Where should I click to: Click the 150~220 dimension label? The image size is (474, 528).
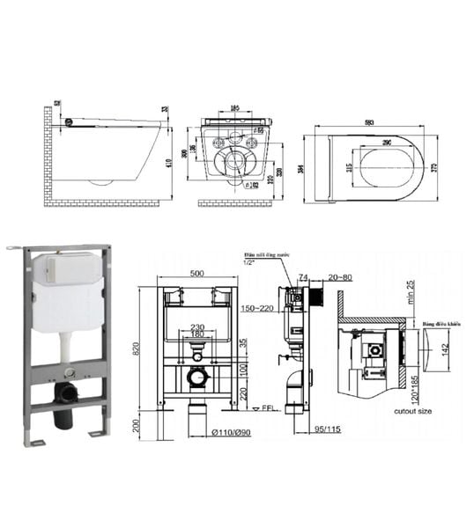pyautogui.click(x=252, y=309)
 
